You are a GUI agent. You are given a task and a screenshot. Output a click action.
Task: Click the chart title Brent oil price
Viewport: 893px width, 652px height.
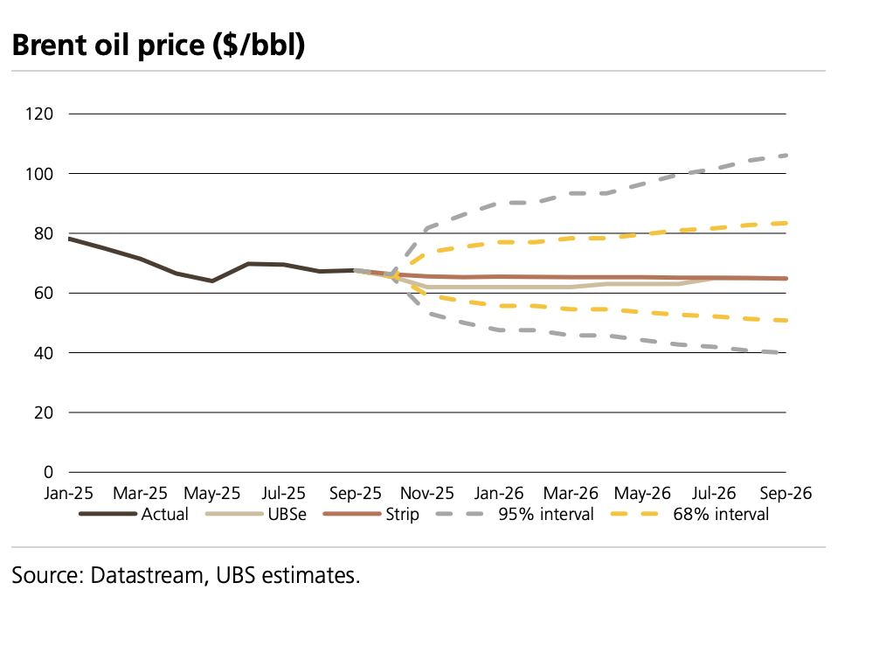click(x=158, y=45)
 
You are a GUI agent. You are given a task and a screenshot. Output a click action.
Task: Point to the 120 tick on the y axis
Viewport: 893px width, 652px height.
click(x=42, y=114)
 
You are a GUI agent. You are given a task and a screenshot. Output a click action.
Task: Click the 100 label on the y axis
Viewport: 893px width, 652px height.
click(x=42, y=174)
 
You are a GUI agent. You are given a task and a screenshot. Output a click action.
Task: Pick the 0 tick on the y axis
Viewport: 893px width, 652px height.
click(x=50, y=472)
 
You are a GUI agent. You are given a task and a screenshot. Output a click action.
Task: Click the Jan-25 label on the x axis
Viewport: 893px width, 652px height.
click(x=68, y=493)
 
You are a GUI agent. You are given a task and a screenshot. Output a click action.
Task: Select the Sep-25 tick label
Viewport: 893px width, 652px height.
click(x=355, y=493)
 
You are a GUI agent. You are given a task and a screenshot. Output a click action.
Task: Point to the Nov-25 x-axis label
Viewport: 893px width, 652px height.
click(x=426, y=493)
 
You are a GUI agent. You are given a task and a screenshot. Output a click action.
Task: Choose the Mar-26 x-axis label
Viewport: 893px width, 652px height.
click(x=571, y=493)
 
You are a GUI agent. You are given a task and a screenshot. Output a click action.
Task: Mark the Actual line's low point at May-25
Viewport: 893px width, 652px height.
click(x=211, y=281)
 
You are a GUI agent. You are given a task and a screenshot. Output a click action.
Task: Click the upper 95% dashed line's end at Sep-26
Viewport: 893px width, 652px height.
click(x=786, y=156)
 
